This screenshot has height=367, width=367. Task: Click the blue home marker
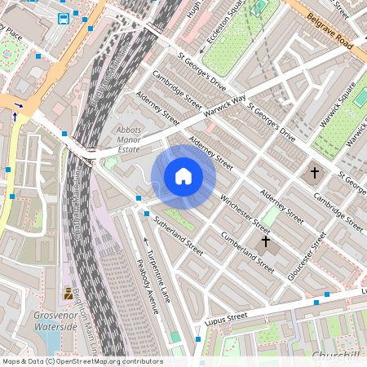pos(183,175)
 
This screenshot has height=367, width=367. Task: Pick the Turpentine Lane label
pos(155,266)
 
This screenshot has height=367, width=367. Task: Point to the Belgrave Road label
pos(333,32)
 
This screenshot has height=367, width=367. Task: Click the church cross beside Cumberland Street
pos(264,242)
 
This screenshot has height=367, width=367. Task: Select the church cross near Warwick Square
pos(315,173)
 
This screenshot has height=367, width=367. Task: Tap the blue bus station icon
pos(64,19)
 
